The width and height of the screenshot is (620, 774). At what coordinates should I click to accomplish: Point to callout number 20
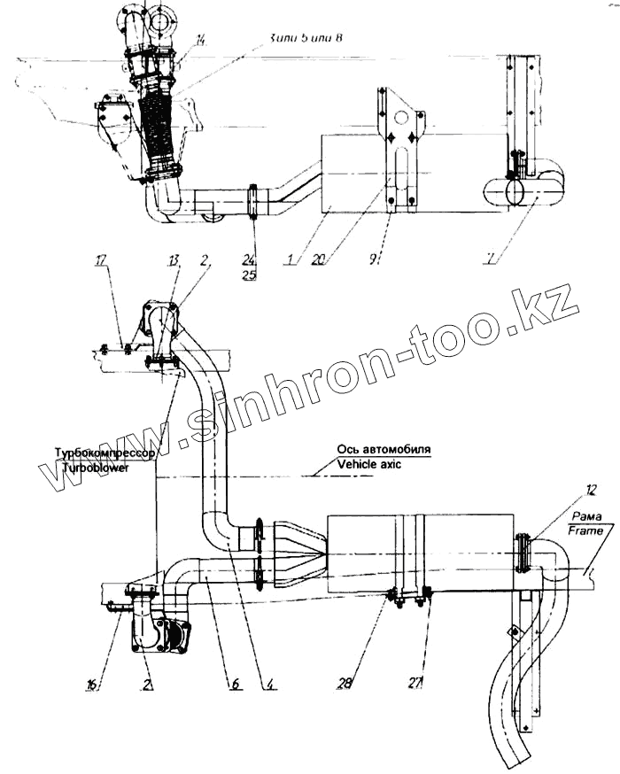(x=319, y=259)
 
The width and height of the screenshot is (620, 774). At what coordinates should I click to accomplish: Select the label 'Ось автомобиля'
(x=384, y=449)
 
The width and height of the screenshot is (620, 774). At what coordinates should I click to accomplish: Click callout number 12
(x=591, y=489)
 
